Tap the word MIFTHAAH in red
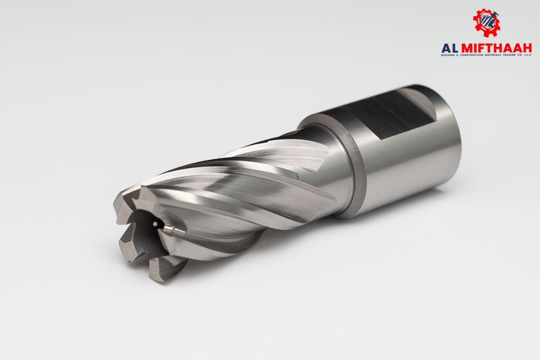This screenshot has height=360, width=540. pos(499,48)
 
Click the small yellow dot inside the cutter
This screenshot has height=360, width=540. pos(155,223)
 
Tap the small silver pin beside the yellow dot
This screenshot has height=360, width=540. pos(174,230)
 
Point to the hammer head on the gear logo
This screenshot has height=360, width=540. pos(495,15)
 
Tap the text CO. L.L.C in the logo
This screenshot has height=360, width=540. pos(524,55)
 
